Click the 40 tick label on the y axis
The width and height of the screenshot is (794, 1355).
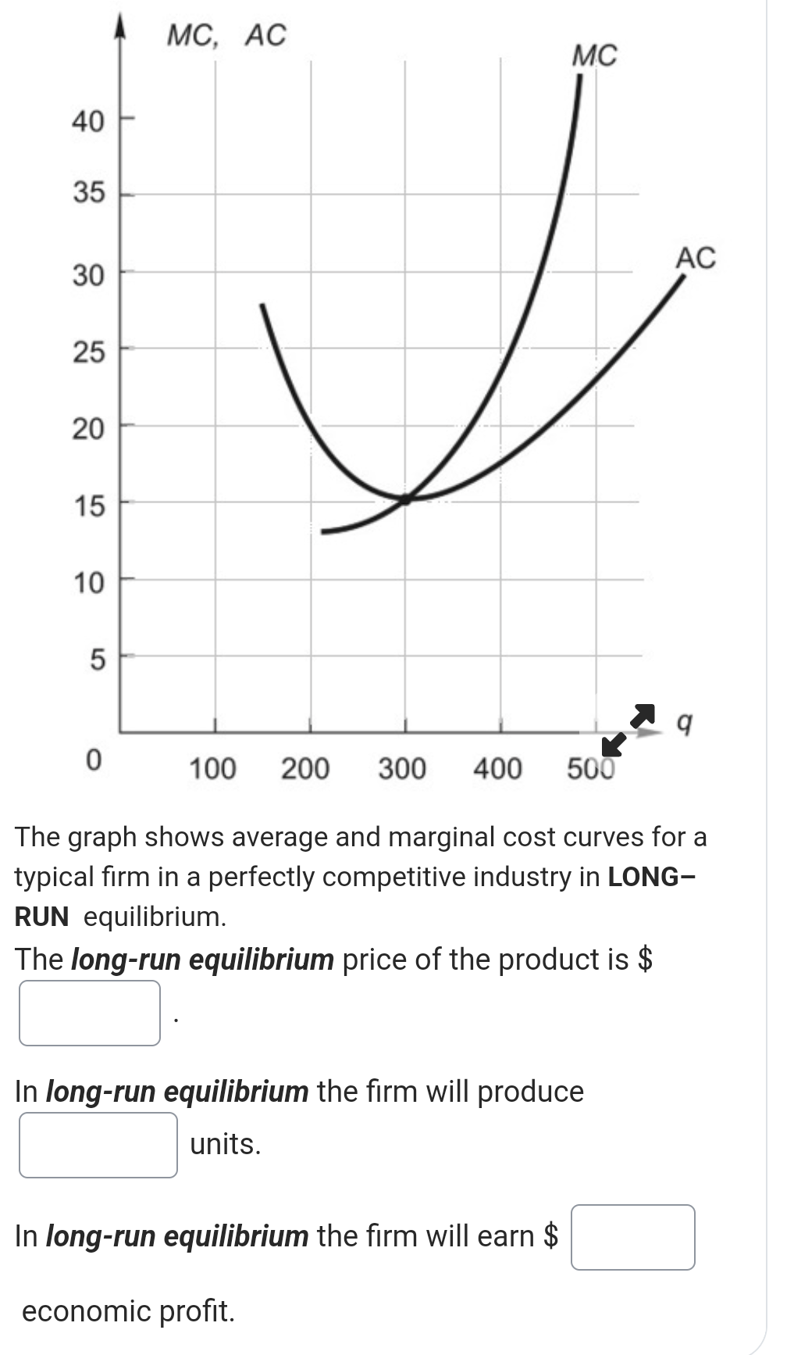point(87,121)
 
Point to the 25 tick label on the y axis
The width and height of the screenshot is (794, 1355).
point(88,352)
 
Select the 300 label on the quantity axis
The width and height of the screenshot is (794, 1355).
point(402,769)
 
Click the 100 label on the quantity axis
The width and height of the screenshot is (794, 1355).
point(212,769)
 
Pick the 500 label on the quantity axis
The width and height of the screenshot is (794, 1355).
point(591,769)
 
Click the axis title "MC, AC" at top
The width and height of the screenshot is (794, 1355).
point(227,35)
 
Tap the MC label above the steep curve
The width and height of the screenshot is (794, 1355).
point(594,55)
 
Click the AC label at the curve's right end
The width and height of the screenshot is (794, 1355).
point(696,257)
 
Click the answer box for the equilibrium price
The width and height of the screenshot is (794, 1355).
point(90,1013)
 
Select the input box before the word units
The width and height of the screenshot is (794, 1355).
point(98,1145)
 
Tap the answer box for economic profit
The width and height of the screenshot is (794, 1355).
point(632,1237)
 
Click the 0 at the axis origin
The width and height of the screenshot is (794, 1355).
point(92,759)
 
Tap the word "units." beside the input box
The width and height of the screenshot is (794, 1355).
point(226,1144)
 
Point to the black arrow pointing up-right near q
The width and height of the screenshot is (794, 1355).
point(642,713)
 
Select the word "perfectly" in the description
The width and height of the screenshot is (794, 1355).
point(262,877)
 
